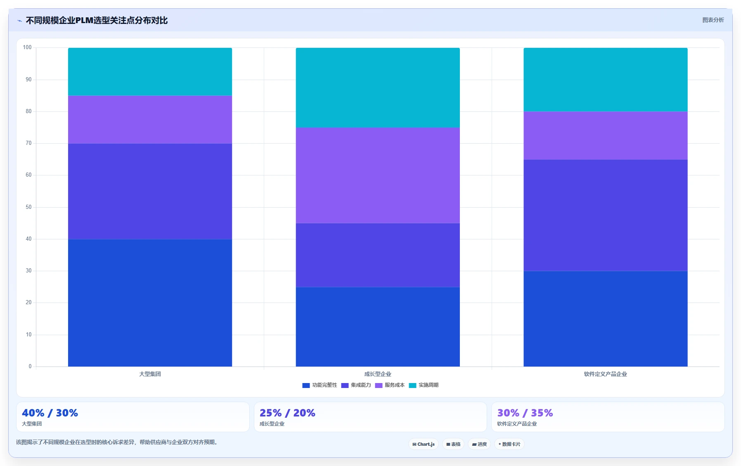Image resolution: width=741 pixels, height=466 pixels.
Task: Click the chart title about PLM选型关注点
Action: click(x=97, y=20)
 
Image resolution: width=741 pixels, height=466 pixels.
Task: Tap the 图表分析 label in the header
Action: click(x=713, y=20)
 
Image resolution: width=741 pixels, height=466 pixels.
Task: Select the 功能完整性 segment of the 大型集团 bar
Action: click(x=150, y=303)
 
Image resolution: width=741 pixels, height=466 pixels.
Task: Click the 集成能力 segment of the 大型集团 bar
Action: click(x=150, y=191)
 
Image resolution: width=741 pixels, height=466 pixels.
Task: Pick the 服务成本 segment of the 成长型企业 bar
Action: click(x=378, y=175)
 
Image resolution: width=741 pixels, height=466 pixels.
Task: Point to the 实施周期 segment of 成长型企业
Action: click(x=378, y=88)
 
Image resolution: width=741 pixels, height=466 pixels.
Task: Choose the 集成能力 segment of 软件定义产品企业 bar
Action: click(x=606, y=215)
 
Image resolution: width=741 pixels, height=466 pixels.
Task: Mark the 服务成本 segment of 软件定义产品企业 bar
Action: click(x=606, y=135)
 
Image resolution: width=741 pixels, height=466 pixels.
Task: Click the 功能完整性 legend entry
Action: click(x=320, y=385)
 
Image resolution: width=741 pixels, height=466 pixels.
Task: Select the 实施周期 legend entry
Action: click(x=424, y=385)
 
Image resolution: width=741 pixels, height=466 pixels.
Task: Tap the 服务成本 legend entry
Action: click(x=390, y=385)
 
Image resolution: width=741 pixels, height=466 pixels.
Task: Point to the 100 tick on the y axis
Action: click(x=27, y=47)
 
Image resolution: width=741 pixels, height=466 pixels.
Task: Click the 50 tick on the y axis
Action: click(x=28, y=207)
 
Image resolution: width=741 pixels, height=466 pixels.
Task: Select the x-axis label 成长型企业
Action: click(x=378, y=374)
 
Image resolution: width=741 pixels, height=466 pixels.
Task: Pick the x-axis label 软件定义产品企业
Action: click(x=606, y=374)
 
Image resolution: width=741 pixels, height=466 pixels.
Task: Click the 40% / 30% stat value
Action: click(x=50, y=413)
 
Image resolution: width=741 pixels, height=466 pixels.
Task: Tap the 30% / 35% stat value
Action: click(x=525, y=413)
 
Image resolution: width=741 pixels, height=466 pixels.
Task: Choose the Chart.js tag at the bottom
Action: click(x=424, y=444)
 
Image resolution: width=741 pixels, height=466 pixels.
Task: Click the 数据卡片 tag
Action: click(x=509, y=444)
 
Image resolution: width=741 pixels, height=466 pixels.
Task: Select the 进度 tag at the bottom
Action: click(x=479, y=444)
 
